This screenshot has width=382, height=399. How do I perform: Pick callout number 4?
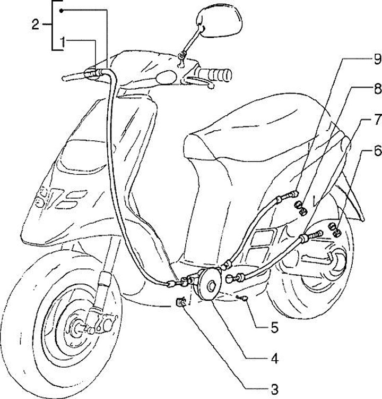274,359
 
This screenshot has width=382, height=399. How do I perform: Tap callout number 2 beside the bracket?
36,24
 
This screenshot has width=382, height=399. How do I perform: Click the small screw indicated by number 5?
245,299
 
